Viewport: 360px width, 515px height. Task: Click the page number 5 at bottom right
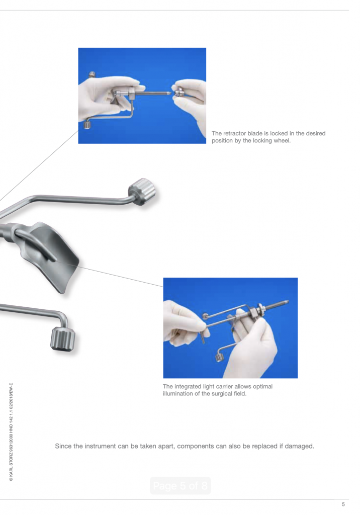343,504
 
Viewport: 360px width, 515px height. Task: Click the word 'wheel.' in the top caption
283,141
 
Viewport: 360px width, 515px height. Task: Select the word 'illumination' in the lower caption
177,393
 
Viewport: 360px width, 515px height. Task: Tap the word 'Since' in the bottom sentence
62,446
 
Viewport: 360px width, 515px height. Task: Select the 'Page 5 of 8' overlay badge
181,485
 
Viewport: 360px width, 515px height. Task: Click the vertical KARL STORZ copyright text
11,432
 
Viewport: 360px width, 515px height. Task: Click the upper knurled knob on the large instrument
142,192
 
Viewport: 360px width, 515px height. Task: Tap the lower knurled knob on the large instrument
63,339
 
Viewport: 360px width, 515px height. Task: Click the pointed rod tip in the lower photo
287,301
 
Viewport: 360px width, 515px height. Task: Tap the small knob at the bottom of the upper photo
87,125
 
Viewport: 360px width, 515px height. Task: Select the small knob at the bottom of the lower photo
219,358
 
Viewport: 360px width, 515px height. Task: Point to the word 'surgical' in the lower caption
223,393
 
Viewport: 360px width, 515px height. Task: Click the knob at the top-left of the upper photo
92,74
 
